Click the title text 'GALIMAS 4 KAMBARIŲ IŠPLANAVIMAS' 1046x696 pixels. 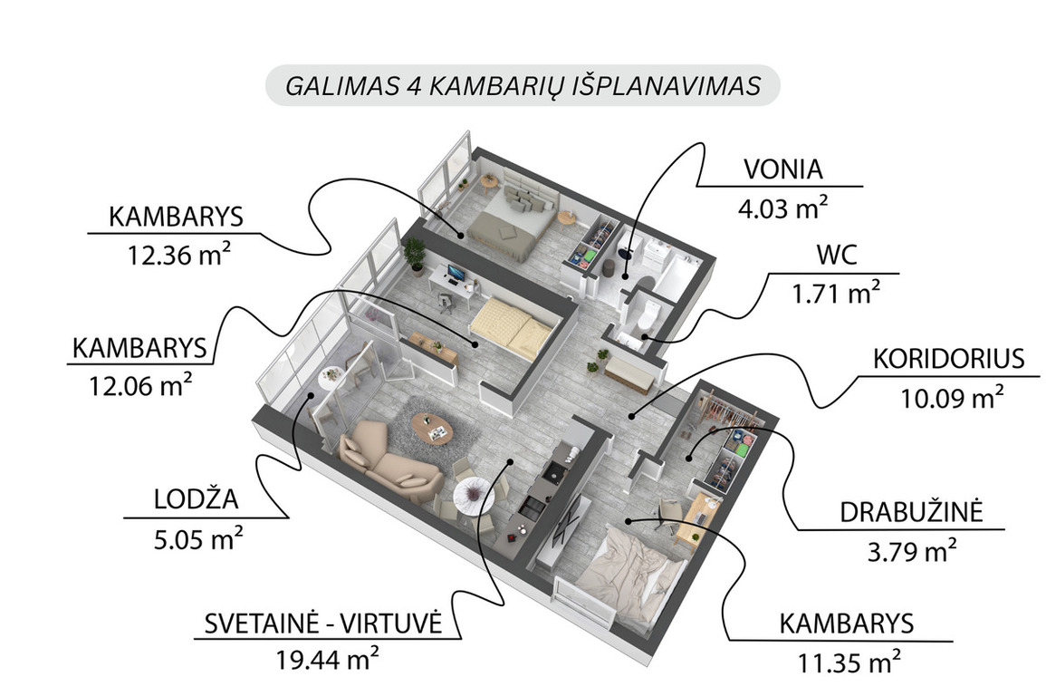(x=523, y=86)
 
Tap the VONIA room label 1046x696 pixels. (x=783, y=169)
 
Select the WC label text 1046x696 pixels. (x=837, y=256)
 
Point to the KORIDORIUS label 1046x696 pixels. (x=948, y=359)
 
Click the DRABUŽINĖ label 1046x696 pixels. (x=911, y=512)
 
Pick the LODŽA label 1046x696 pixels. (x=197, y=498)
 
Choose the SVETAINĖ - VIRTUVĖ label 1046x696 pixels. (x=323, y=623)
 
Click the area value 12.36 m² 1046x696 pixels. (x=179, y=255)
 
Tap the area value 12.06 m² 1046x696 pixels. (x=140, y=385)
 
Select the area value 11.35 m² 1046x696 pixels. (x=849, y=662)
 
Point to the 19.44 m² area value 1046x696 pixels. (x=328, y=660)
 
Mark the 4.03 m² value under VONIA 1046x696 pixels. (x=783, y=208)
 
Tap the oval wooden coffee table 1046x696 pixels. (x=432, y=427)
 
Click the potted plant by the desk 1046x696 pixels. (x=415, y=256)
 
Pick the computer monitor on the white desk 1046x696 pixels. (x=456, y=274)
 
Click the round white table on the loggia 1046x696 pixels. (x=331, y=379)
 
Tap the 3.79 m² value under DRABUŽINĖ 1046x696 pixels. (x=911, y=552)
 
